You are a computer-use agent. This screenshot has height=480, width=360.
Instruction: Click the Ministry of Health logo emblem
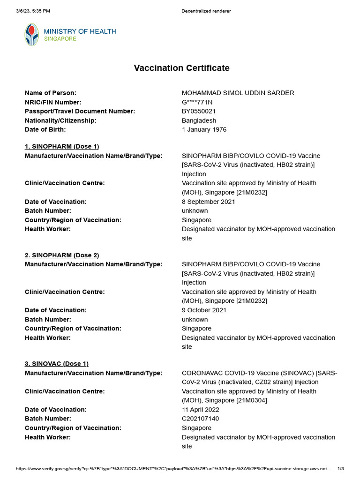tap(32, 35)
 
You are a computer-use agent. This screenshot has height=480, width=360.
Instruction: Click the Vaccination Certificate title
tap(181, 68)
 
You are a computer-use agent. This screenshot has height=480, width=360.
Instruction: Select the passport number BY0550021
tap(199, 111)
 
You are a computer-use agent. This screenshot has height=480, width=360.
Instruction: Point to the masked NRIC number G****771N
tap(197, 102)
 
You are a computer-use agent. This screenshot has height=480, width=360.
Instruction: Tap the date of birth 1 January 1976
tap(204, 129)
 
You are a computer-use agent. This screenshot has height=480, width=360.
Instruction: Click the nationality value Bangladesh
tap(199, 120)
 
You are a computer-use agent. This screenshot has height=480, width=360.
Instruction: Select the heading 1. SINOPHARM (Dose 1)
tap(62, 146)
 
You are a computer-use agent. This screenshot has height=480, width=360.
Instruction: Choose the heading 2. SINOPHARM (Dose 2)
tap(62, 255)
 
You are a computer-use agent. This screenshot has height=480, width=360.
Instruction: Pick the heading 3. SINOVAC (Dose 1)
tap(57, 364)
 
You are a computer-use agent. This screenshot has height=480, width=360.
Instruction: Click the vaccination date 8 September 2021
tap(209, 202)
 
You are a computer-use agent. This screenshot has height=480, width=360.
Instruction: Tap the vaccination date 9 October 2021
tap(204, 310)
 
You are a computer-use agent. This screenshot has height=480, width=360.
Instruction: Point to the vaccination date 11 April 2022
tap(201, 410)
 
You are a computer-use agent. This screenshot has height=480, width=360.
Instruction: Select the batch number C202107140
tap(200, 419)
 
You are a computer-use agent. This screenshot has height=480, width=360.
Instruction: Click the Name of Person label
tap(51, 93)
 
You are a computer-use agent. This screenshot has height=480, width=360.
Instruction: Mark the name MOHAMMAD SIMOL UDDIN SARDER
tap(238, 93)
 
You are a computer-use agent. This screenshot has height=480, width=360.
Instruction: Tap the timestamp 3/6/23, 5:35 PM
tap(33, 11)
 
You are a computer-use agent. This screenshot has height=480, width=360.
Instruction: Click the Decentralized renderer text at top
tap(206, 11)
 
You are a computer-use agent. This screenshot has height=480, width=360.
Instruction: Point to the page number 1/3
tap(341, 469)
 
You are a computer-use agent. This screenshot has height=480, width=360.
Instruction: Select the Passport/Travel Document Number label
tap(80, 111)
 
